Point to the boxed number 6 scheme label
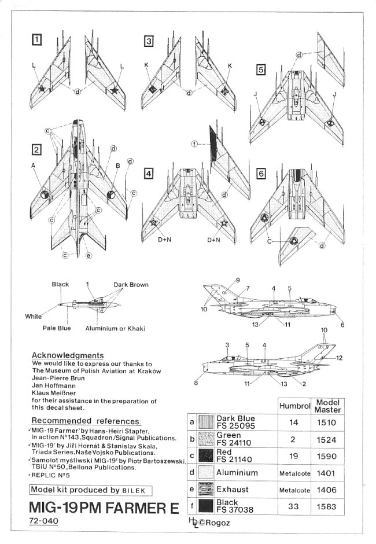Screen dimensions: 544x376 coord(261,174)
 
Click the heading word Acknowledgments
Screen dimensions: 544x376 coord(68,355)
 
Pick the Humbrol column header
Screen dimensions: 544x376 coord(296,406)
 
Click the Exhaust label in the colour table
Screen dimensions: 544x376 coord(233,489)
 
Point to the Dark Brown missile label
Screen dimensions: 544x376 coord(131,285)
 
